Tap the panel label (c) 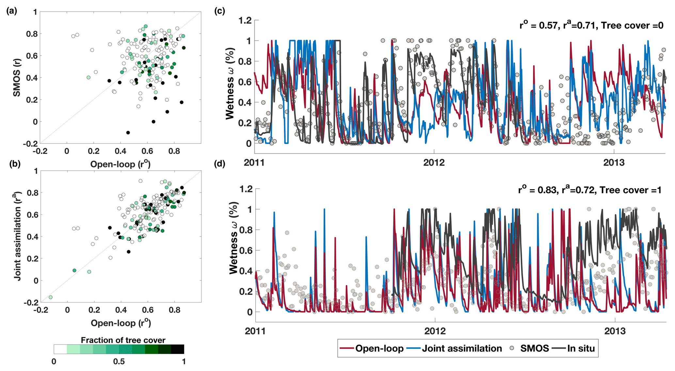tap(219, 11)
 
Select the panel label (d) tap(219, 163)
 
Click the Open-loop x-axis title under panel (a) tap(120, 164)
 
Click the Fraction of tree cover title tap(123, 340)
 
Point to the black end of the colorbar tap(178, 349)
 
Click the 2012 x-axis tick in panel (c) tap(434, 162)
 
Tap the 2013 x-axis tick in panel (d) tap(615, 331)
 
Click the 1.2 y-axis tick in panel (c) tap(245, 21)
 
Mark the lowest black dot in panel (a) tap(128, 133)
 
